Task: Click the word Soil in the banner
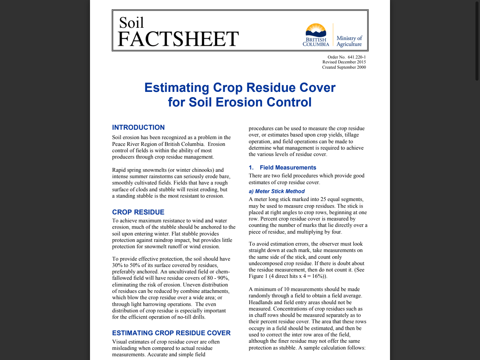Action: click(x=131, y=23)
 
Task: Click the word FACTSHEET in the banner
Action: click(x=178, y=39)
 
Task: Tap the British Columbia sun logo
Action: click(x=316, y=30)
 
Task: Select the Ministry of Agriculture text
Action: click(x=349, y=41)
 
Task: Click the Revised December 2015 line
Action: click(x=344, y=62)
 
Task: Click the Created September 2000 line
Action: click(x=344, y=67)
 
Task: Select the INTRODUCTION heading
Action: click(x=138, y=127)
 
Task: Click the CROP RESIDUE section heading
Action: click(x=138, y=212)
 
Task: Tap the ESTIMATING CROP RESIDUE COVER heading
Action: click(x=171, y=333)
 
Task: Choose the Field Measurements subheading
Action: click(x=288, y=168)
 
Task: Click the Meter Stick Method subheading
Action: click(x=280, y=191)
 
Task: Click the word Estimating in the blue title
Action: click(x=177, y=88)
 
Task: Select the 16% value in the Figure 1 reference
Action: click(x=318, y=276)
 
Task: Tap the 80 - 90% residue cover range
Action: click(x=217, y=278)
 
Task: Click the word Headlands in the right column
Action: click(x=262, y=302)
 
